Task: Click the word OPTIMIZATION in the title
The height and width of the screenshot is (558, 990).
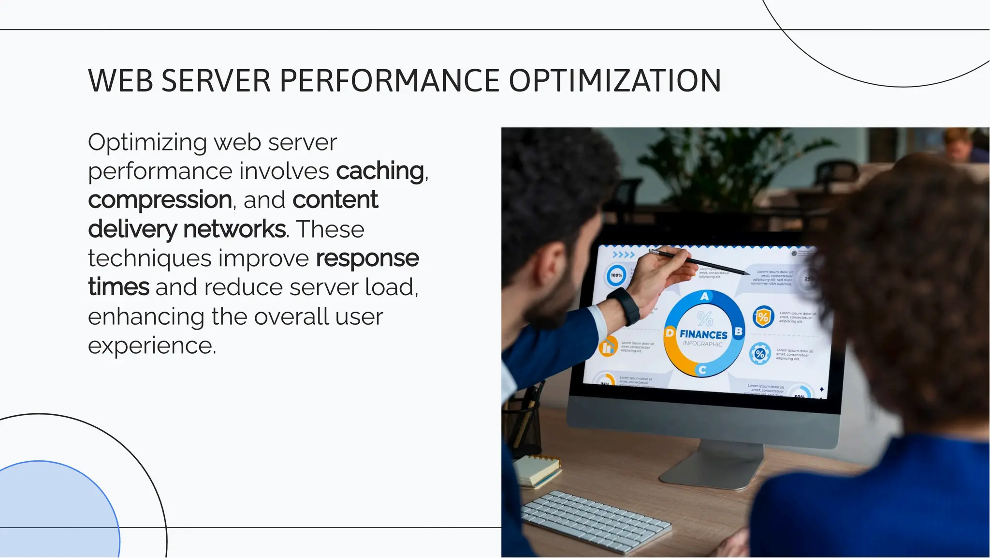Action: pyautogui.click(x=615, y=81)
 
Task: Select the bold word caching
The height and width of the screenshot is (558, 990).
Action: pyautogui.click(x=380, y=171)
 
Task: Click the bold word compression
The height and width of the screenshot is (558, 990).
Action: pyautogui.click(x=160, y=200)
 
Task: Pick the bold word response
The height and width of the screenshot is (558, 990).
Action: pyautogui.click(x=367, y=258)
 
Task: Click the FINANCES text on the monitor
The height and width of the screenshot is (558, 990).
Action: pyautogui.click(x=703, y=334)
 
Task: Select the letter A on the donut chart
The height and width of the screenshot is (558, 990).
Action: pyautogui.click(x=704, y=296)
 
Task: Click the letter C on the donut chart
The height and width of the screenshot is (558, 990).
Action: pyautogui.click(x=702, y=370)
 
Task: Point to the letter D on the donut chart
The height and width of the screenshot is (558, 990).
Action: pyautogui.click(x=670, y=333)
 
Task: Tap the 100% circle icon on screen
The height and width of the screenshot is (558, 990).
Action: pyautogui.click(x=616, y=275)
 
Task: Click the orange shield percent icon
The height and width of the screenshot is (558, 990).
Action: pyautogui.click(x=763, y=317)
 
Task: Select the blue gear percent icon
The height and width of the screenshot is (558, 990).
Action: pyautogui.click(x=760, y=353)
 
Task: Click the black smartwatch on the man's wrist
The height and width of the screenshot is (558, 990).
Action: pyautogui.click(x=625, y=305)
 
